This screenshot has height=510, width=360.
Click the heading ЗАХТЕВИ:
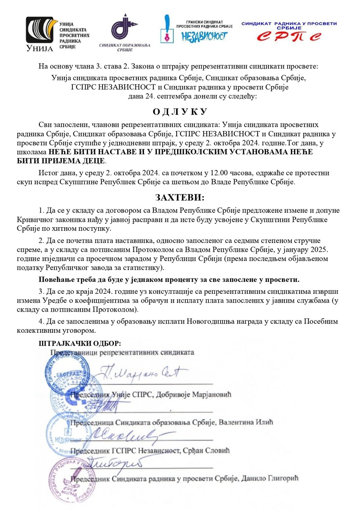pos(180,198)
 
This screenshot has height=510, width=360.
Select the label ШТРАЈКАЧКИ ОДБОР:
pos(80,343)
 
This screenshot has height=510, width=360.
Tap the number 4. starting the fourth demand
pos(42,321)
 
